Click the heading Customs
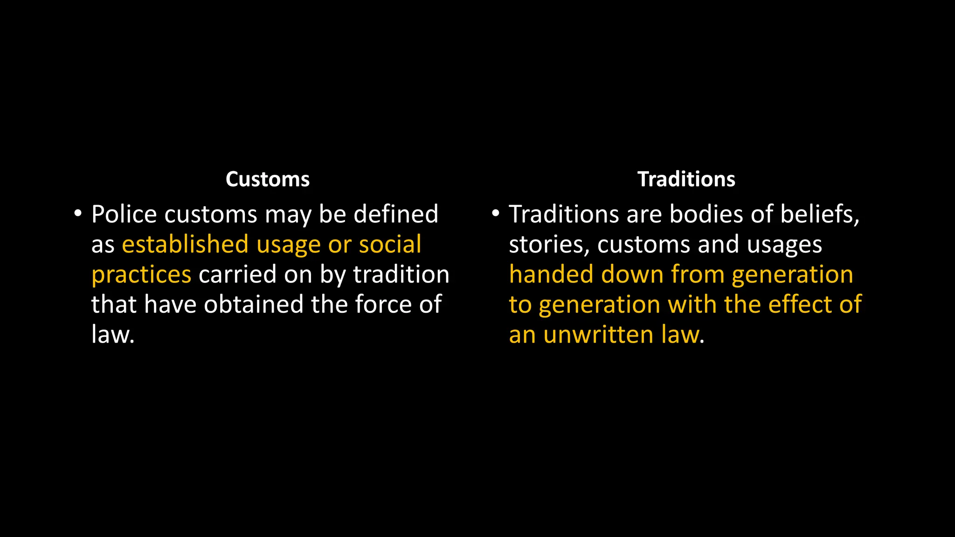click(267, 179)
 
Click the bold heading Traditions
click(686, 179)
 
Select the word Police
click(124, 214)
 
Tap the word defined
click(396, 214)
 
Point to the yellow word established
click(185, 245)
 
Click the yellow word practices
click(141, 275)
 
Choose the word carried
click(238, 275)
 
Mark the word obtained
click(254, 304)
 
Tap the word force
click(383, 304)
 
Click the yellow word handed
click(551, 275)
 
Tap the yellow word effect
click(800, 304)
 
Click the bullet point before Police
click(78, 214)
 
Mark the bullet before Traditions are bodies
click(495, 214)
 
